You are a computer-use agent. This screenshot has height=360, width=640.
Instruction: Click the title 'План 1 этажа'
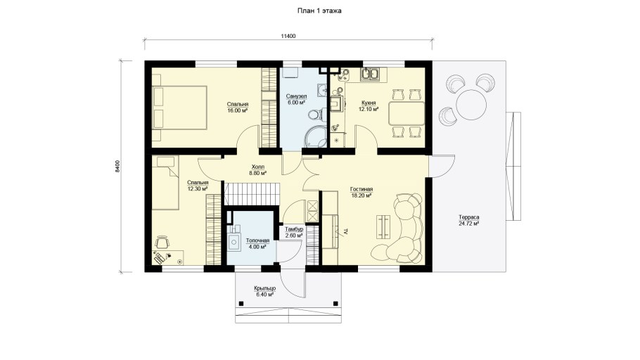[x=319, y=11]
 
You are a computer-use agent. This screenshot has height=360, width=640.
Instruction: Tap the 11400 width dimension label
[x=288, y=36]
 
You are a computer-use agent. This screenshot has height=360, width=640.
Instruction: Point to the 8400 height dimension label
[x=117, y=166]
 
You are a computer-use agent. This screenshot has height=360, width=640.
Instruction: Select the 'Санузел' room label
[x=296, y=96]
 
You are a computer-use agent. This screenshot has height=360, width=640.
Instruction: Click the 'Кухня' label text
[x=369, y=103]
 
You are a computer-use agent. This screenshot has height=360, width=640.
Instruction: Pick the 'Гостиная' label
[x=361, y=190]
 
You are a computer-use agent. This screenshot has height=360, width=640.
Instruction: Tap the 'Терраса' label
[x=468, y=217]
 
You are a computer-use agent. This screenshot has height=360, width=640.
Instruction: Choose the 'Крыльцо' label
[x=264, y=288]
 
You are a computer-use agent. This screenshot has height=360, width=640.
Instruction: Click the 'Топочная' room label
[x=257, y=240]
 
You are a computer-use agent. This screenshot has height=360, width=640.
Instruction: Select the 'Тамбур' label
[x=294, y=230]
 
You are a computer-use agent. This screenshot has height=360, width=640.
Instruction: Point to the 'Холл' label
[x=257, y=167]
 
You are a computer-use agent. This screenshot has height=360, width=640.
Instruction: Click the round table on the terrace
[x=471, y=104]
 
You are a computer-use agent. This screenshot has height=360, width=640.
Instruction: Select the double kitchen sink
[x=373, y=75]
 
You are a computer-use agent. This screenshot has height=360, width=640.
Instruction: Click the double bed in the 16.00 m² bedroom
[x=179, y=108]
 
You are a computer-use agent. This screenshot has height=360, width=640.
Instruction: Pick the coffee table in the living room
[x=383, y=226]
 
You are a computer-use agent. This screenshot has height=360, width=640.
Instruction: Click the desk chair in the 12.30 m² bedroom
[x=162, y=242]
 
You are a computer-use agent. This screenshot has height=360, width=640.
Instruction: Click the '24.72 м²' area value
[x=468, y=224]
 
